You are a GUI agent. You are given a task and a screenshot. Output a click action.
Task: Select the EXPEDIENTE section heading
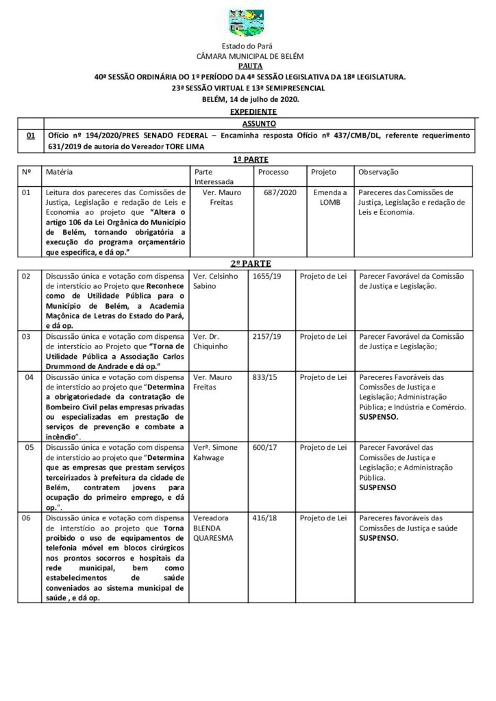[x=249, y=111]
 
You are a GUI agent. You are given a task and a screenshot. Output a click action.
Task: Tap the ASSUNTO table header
[x=249, y=124]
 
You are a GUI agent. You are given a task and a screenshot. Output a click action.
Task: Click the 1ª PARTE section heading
[x=248, y=158]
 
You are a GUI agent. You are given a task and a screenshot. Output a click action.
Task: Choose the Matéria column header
[x=60, y=171]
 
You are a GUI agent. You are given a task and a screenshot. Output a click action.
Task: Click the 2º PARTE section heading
[x=249, y=263]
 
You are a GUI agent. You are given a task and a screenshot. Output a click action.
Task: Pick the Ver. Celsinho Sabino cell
[x=216, y=281]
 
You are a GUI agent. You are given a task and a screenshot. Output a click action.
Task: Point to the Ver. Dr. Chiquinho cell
[x=213, y=342]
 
